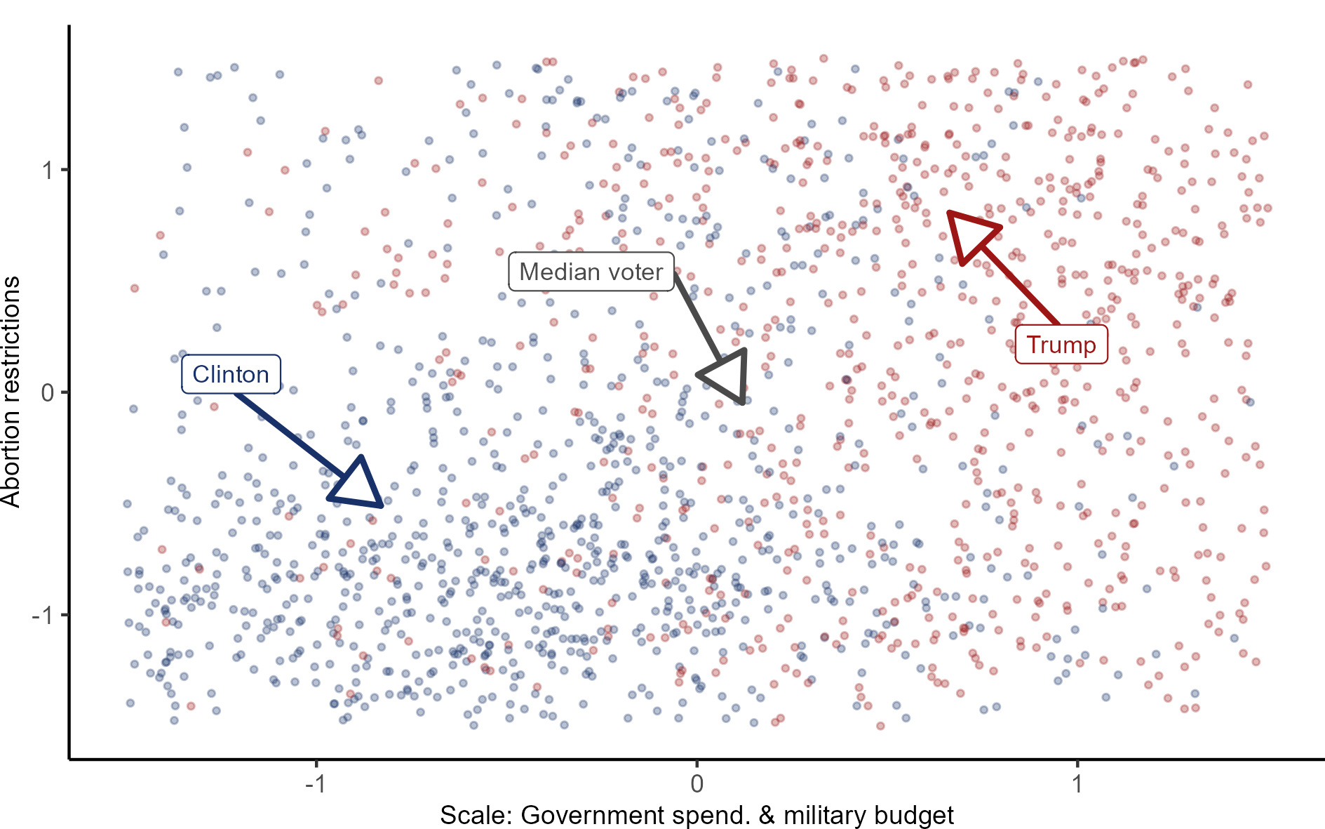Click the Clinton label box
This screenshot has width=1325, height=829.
tap(231, 374)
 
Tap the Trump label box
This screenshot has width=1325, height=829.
tap(1061, 345)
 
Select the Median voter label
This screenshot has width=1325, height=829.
tap(591, 272)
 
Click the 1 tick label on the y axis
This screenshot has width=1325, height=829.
tap(48, 170)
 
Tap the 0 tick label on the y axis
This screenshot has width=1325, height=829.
tap(48, 392)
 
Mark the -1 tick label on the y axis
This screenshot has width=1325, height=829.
tap(43, 615)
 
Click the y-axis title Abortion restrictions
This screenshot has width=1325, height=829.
tap(11, 392)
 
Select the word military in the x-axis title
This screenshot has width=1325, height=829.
tap(823, 816)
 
